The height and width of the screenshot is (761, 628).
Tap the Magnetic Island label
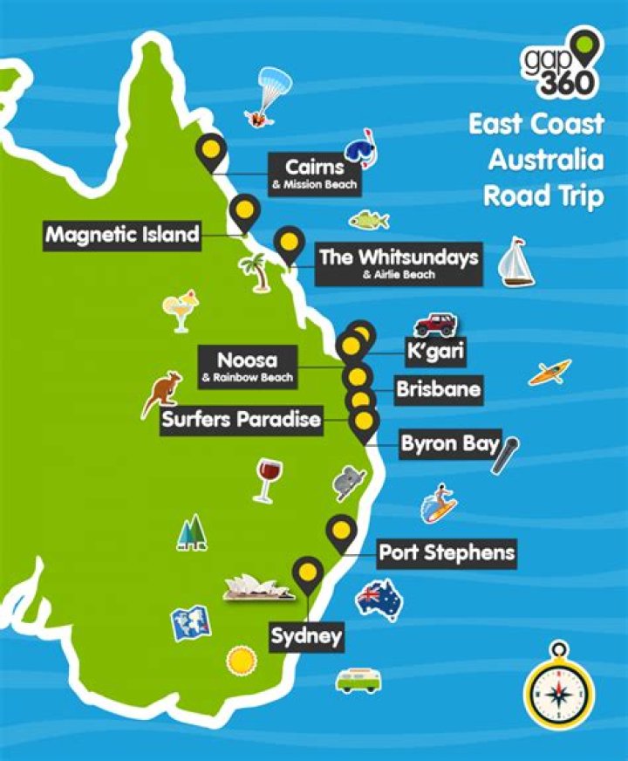[x=122, y=234]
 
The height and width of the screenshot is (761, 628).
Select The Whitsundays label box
[x=399, y=263]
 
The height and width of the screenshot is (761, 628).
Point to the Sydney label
[x=305, y=636]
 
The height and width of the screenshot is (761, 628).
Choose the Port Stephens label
[x=447, y=552]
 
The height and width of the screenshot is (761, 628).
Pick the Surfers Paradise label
[x=242, y=420]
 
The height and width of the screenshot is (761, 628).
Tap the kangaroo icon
[x=162, y=394]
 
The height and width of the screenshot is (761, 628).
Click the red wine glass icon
[x=264, y=481]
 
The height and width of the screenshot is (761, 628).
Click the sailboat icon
[x=515, y=261]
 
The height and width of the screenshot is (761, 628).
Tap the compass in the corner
[x=558, y=686]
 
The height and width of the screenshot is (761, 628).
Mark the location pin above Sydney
[x=307, y=575]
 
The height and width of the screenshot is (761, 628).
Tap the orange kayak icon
[x=549, y=372]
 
